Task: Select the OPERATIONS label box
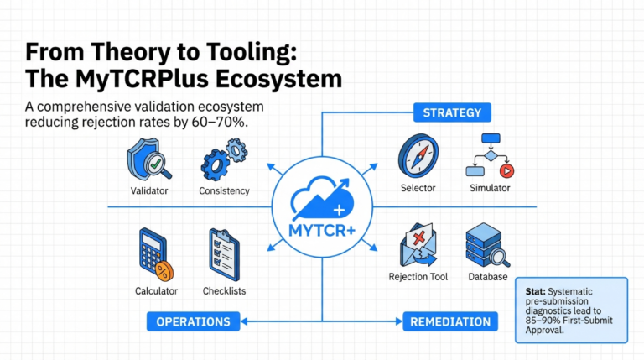pos(194,321)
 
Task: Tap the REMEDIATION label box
pos(449,321)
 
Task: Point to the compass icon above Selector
pos(418,155)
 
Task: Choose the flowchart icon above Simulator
pos(489,155)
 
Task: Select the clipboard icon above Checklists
pos(224,253)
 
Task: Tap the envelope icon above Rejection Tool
pos(418,245)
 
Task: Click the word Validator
pos(149,190)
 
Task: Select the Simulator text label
pos(490,188)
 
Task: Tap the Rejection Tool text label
pos(418,277)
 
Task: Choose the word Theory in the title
pos(110,52)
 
